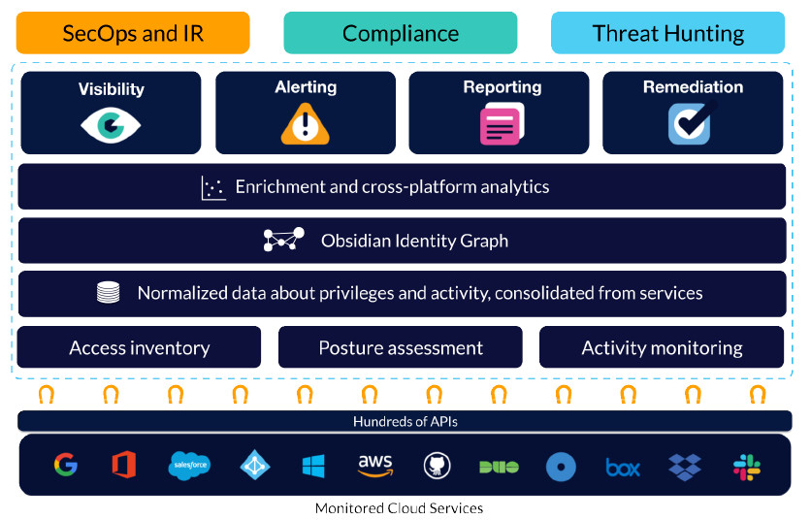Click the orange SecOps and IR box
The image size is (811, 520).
click(133, 33)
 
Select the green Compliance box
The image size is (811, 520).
click(400, 33)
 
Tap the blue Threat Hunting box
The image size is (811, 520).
click(667, 33)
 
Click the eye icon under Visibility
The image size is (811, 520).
click(111, 124)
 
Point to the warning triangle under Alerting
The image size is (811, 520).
click(305, 124)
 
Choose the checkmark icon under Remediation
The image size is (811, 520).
click(692, 123)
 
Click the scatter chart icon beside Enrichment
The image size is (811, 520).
click(213, 187)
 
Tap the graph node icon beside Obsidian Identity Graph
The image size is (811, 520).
click(284, 241)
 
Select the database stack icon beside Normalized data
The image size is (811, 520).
click(109, 293)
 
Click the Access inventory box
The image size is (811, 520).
click(139, 347)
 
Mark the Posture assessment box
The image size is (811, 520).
click(400, 347)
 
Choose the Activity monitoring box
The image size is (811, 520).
click(662, 347)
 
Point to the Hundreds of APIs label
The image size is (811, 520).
click(405, 421)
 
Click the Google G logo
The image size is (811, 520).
click(65, 466)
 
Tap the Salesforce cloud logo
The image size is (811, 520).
click(189, 466)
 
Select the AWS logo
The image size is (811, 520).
click(374, 466)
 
